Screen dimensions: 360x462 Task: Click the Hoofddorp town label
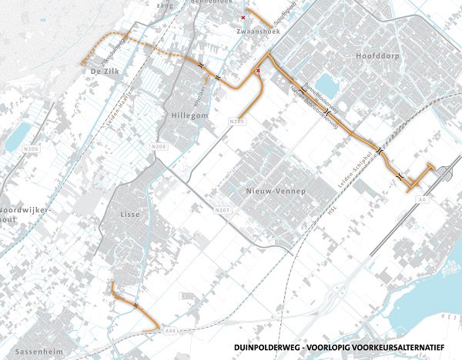[x=376, y=57]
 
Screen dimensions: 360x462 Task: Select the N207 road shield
[x=222, y=210]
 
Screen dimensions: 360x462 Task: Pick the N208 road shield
[x=160, y=146]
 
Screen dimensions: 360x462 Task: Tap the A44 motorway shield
[x=169, y=330]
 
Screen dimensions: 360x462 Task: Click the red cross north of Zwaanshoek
[x=244, y=17]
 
